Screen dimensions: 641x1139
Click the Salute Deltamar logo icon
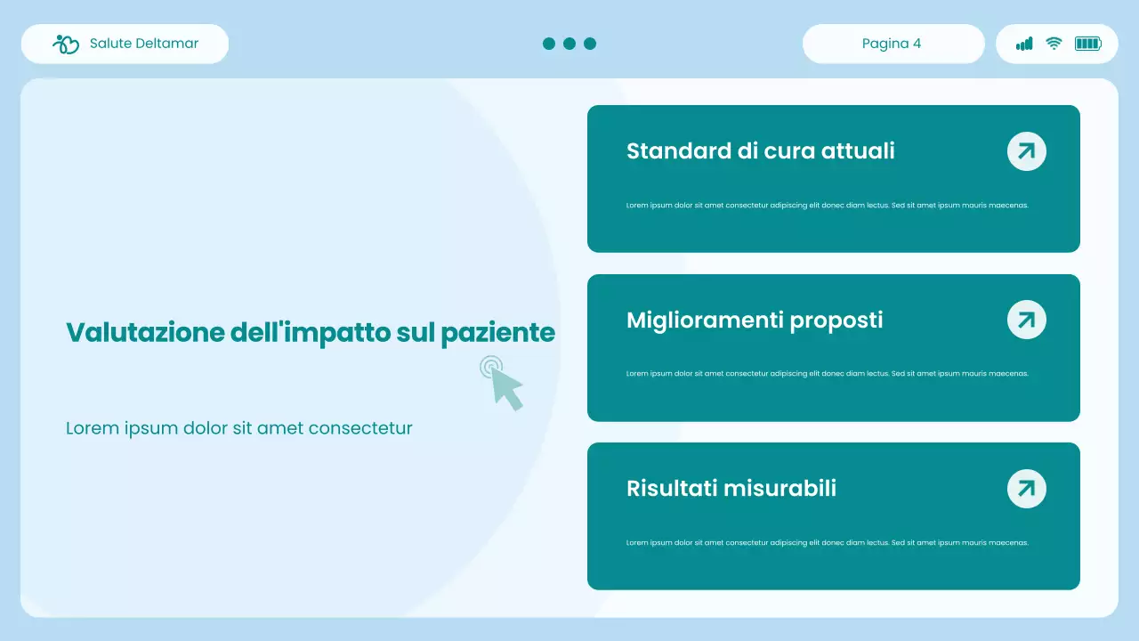pos(67,44)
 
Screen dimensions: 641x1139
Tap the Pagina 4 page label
pos(892,44)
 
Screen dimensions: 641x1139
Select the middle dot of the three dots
pos(569,44)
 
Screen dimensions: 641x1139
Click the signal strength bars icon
pos(1025,44)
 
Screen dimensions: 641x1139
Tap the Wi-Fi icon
pos(1054,44)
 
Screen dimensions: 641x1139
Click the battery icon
pos(1087,44)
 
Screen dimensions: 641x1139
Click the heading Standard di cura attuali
pos(760,151)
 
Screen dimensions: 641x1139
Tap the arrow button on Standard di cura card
pos(1026,151)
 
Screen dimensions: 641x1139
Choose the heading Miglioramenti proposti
pos(755,320)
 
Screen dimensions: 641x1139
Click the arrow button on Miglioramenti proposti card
pos(1026,320)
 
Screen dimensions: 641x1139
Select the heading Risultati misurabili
pos(731,488)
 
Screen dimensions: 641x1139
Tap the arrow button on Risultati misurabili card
pos(1026,488)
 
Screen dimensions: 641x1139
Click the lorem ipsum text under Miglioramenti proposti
pos(827,374)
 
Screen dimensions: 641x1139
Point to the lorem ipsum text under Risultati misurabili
pos(827,542)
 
